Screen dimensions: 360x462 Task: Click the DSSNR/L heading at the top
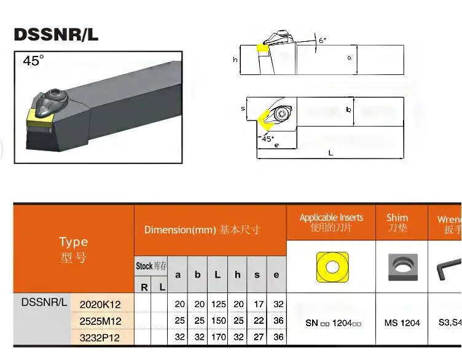[x=56, y=34]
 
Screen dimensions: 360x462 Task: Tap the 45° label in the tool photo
[x=34, y=61]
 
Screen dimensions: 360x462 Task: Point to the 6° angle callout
[x=322, y=41]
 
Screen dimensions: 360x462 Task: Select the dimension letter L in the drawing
[x=331, y=153]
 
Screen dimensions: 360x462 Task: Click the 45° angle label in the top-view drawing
[x=268, y=138]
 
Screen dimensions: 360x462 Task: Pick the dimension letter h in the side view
[x=235, y=60]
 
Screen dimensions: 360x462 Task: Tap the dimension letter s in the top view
[x=243, y=109]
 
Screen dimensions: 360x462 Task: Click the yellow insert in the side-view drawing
[x=263, y=47]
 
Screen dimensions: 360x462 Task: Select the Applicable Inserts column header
[x=331, y=222]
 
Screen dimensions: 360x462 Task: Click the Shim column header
[x=397, y=222]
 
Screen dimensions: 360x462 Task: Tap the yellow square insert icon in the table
[x=332, y=267]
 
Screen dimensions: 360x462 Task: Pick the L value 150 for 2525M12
[x=217, y=321]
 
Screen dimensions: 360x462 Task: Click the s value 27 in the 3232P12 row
[x=257, y=337]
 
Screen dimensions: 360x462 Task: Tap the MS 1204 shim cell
[x=402, y=323]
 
